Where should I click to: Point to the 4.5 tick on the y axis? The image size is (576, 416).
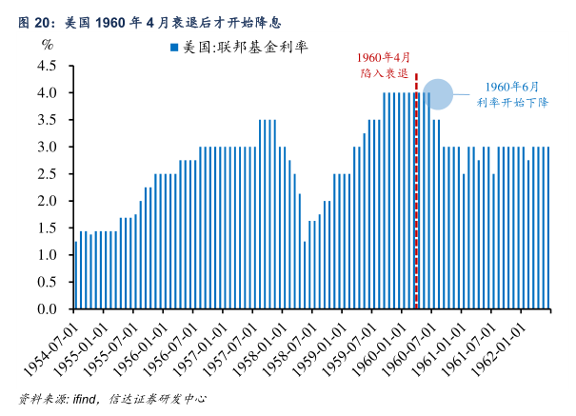(47, 66)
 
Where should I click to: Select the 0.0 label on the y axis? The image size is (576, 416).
(47, 309)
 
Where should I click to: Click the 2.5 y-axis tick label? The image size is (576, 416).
(47, 174)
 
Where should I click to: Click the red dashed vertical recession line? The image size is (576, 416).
(416, 190)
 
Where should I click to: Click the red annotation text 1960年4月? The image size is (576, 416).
(384, 58)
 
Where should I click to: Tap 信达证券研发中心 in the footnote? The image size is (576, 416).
(158, 400)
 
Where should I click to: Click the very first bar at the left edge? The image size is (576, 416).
(76, 275)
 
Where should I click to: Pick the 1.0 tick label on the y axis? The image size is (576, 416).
(47, 255)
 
